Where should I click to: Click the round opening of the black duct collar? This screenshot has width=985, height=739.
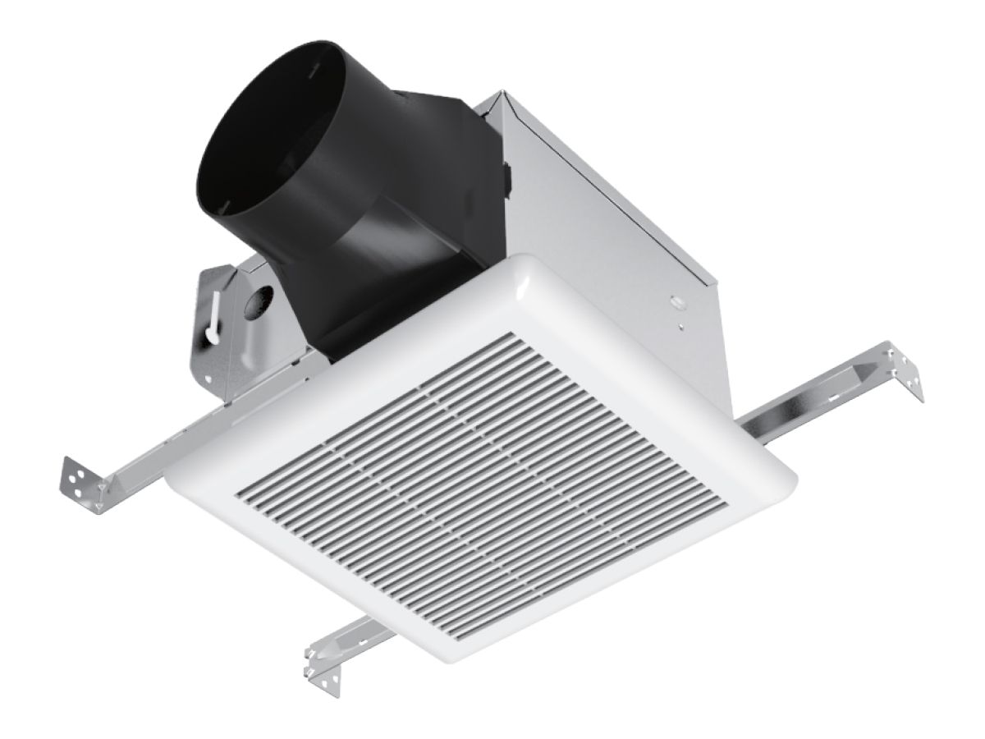(x=271, y=140)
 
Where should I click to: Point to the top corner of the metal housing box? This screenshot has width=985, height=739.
(x=490, y=96)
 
